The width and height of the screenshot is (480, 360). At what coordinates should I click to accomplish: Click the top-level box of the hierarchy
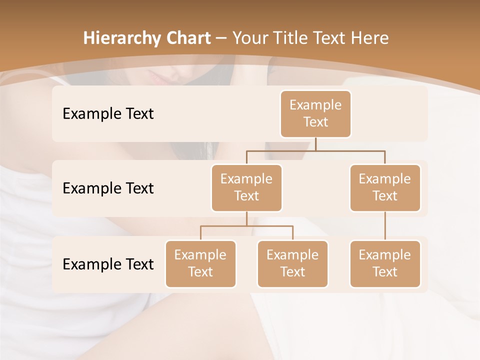click(315, 113)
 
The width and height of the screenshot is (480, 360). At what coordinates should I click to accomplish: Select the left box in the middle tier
click(246, 187)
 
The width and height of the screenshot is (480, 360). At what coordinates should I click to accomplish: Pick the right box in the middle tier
click(385, 187)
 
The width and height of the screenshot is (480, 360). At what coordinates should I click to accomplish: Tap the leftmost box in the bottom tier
click(200, 263)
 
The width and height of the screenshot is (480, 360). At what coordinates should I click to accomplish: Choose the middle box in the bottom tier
click(292, 263)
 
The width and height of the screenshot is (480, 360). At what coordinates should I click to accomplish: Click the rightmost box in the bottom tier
click(385, 263)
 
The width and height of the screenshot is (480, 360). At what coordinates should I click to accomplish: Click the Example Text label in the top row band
click(108, 113)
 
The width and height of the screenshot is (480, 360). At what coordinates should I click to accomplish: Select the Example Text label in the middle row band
click(108, 188)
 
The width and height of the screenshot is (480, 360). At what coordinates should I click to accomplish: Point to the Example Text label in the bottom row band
click(108, 264)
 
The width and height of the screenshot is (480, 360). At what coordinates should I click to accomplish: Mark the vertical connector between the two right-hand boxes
click(385, 226)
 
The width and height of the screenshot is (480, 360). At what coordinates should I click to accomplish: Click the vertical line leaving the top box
click(315, 144)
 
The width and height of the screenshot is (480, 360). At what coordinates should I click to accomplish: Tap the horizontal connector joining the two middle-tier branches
click(315, 150)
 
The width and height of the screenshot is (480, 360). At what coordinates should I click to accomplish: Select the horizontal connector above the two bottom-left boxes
click(246, 226)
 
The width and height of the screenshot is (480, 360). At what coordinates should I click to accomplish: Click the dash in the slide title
click(221, 38)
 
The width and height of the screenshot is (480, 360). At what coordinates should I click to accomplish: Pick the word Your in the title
click(248, 38)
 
